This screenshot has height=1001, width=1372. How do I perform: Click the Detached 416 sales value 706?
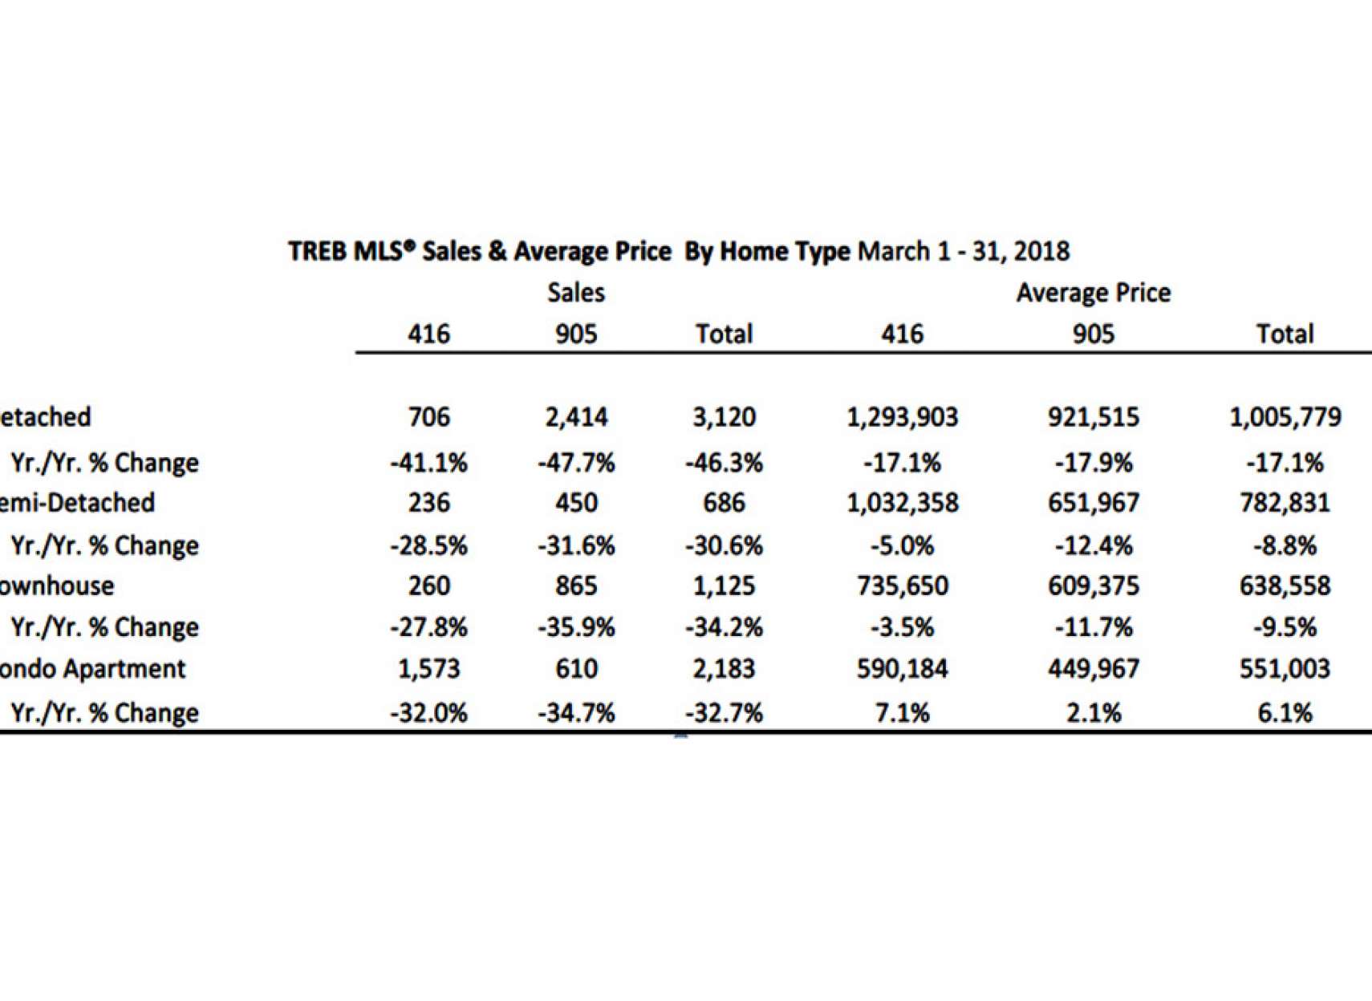(x=428, y=417)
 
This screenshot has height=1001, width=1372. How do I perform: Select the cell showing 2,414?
(x=576, y=417)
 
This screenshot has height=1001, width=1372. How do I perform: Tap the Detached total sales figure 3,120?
(x=724, y=417)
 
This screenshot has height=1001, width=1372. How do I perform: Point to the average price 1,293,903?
(x=902, y=417)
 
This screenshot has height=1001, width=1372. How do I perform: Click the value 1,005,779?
(x=1285, y=417)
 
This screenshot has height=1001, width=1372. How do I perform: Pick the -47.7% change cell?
(x=576, y=463)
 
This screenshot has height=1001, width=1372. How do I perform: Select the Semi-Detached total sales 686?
(x=724, y=503)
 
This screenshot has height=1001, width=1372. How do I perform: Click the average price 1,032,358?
(x=902, y=503)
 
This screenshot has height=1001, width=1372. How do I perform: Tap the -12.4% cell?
(x=1093, y=546)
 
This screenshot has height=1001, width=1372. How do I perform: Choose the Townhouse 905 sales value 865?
(x=576, y=586)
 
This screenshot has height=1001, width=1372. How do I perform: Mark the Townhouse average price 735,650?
(x=902, y=586)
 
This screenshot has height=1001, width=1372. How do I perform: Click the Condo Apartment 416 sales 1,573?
(x=428, y=669)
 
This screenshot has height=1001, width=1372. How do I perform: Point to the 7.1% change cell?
(x=902, y=713)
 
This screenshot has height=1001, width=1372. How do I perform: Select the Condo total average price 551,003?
(x=1285, y=669)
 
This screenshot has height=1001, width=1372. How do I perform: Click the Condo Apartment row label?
(x=91, y=669)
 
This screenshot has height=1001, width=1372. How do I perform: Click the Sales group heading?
(x=576, y=293)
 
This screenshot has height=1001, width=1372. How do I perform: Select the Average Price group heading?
(x=1093, y=293)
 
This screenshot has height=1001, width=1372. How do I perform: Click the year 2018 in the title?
(x=1041, y=252)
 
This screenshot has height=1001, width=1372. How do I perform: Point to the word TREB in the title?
(x=318, y=252)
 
